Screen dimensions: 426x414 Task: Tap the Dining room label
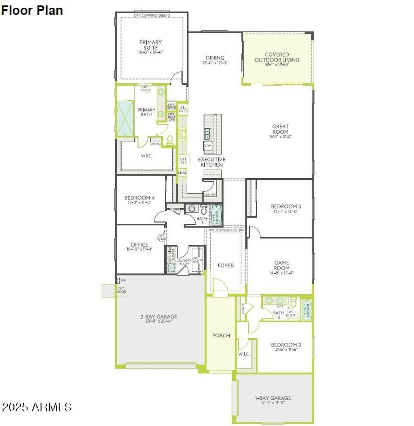215,58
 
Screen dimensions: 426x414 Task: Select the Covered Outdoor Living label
277,57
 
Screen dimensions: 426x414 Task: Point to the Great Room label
280,129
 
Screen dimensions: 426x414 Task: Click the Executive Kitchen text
211,162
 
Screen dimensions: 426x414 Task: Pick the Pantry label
210,195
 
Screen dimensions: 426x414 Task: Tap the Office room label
139,245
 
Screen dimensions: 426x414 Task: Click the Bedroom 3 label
286,207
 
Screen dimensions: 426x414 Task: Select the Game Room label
281,265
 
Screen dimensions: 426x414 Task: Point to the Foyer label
226,266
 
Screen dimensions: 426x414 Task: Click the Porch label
221,335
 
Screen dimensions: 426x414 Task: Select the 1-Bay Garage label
273,398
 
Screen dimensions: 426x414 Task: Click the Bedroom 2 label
286,345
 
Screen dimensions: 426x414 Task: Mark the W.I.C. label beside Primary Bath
146,156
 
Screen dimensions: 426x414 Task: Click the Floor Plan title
32,11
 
